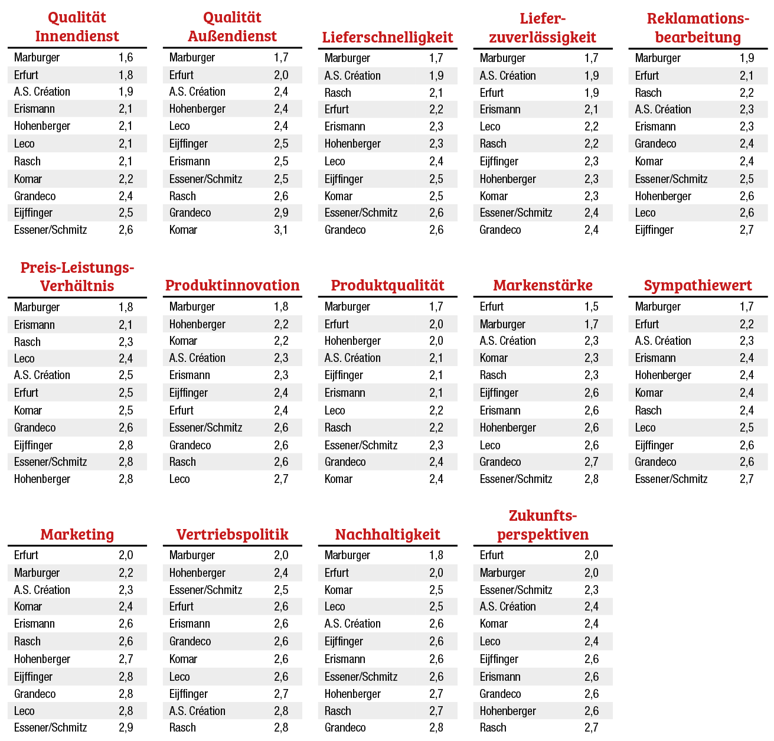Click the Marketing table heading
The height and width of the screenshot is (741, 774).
point(77,534)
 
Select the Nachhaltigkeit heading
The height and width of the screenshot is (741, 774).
point(388,534)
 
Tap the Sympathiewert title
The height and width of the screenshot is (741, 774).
point(698,285)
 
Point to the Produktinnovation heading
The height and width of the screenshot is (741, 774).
point(233,285)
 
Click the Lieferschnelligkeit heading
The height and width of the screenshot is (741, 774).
point(388,37)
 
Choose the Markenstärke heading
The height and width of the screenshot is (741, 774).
point(543,285)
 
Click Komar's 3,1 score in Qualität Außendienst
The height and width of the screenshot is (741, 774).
point(281,230)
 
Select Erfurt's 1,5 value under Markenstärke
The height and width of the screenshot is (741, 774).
point(592,306)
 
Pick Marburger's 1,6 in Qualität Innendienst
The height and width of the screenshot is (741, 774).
point(126,57)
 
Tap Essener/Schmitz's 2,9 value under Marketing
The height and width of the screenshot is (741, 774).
point(126,727)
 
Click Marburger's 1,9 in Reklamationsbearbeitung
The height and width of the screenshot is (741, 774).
point(747,58)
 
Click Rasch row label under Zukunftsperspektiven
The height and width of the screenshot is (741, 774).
point(493,727)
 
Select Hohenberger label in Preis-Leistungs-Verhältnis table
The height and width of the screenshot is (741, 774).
point(42,479)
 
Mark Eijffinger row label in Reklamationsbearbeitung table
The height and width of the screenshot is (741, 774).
point(654,230)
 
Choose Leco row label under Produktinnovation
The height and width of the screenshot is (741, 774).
point(179,479)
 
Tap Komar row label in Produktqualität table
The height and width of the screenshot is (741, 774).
point(338,479)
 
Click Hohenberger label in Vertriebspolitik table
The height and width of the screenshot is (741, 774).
point(197,573)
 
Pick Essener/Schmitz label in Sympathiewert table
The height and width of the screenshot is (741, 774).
point(671,479)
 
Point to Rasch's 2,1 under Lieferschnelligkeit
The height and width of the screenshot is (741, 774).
point(436,93)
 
